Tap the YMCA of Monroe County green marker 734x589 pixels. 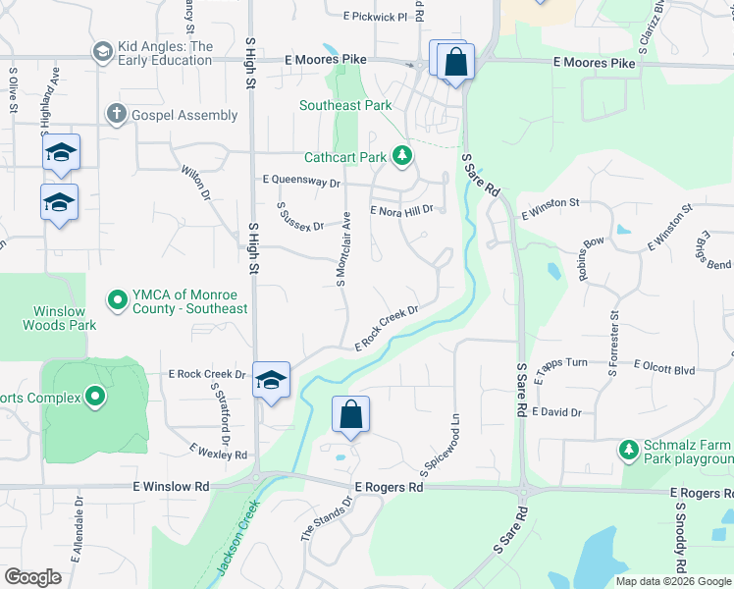click(118, 299)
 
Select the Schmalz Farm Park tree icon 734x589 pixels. click(629, 450)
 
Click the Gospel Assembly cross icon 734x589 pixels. click(117, 115)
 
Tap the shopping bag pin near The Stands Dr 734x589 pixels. click(351, 415)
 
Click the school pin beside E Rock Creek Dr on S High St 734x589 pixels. click(272, 381)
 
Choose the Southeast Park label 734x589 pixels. click(345, 106)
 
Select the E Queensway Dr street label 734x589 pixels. click(301, 182)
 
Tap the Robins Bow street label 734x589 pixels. click(591, 258)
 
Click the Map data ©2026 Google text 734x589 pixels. click(673, 581)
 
